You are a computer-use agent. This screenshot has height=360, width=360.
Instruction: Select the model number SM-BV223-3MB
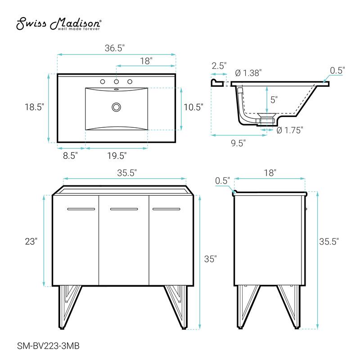point(45,345)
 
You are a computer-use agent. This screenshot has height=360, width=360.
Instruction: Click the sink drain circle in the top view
point(117,107)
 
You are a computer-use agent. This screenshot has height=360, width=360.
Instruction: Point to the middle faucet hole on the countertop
point(117,82)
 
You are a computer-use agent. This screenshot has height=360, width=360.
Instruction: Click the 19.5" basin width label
point(116,156)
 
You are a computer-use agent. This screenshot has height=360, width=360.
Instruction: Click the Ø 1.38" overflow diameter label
point(248,73)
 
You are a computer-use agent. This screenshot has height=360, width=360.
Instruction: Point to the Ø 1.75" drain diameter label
point(290,130)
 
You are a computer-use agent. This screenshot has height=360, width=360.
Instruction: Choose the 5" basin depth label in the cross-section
point(274,99)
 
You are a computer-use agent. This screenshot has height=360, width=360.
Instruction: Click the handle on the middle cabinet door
point(124,209)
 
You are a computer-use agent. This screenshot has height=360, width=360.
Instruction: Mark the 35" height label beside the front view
point(210,259)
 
